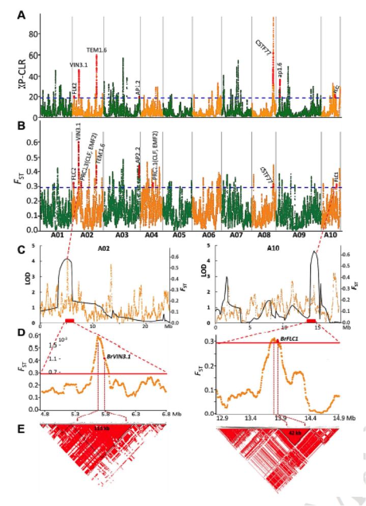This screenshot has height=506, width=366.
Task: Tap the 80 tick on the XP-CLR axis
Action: pos(34,34)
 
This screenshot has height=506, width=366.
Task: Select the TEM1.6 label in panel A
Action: pos(96,49)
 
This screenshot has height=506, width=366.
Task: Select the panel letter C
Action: pos(21,251)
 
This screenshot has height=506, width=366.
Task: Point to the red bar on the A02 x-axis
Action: pos(70,320)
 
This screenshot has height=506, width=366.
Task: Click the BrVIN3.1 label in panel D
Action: pos(119,357)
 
